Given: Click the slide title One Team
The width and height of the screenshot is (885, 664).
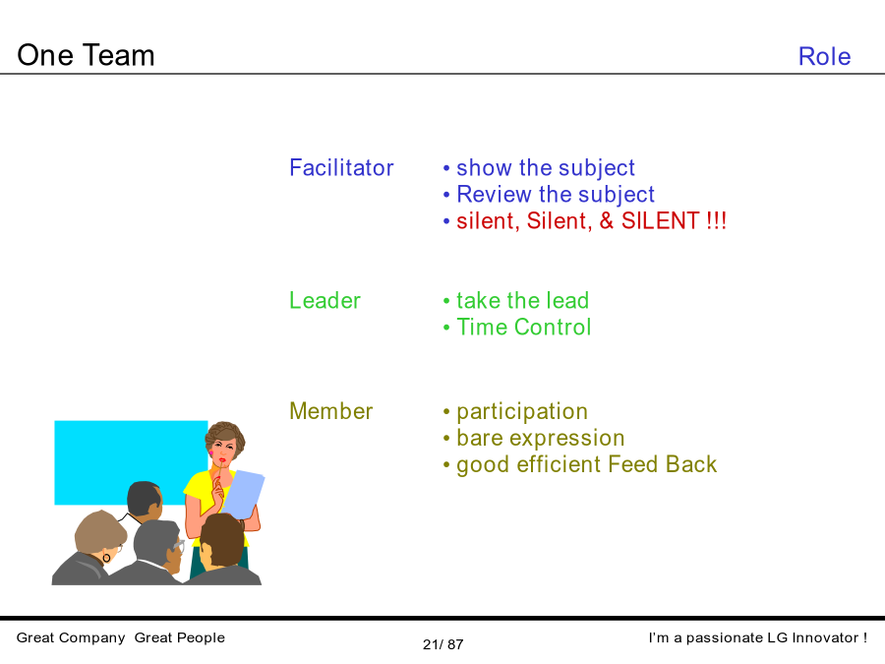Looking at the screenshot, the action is [86, 55].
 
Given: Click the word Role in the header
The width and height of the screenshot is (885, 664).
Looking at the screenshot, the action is [824, 56].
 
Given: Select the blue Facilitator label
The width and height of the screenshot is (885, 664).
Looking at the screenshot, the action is [341, 167].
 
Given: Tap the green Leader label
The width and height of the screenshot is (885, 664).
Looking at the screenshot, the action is [324, 300].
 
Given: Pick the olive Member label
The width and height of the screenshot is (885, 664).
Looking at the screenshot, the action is [330, 411].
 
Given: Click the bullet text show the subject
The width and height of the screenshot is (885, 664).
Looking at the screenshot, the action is [545, 168].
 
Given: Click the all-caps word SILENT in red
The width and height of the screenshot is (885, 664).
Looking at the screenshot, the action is [661, 220].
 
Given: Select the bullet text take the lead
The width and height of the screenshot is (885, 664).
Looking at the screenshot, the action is [523, 300].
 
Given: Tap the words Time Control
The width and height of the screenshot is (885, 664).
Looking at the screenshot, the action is [524, 327].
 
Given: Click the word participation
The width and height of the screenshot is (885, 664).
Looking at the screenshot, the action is [522, 412].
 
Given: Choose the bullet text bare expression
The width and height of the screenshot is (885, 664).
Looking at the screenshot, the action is [540, 439].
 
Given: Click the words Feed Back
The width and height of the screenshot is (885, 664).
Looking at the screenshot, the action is [663, 464].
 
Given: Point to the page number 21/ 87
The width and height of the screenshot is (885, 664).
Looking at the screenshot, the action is [443, 644].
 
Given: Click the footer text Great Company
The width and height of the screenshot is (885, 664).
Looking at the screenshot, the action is [71, 638].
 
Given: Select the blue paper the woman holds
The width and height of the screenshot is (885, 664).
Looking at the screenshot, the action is [242, 494].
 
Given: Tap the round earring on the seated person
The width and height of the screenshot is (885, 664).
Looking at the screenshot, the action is [106, 558].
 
